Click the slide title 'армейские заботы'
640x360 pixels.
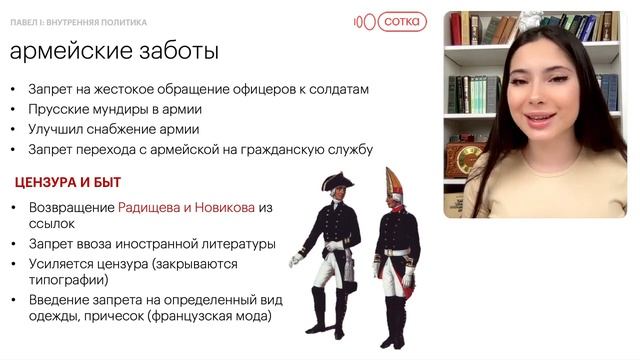click(x=115, y=51)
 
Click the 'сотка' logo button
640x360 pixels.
click(x=400, y=21)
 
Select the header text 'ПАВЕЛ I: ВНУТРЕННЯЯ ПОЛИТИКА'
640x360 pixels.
click(x=79, y=21)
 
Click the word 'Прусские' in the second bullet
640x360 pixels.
click(x=59, y=109)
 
